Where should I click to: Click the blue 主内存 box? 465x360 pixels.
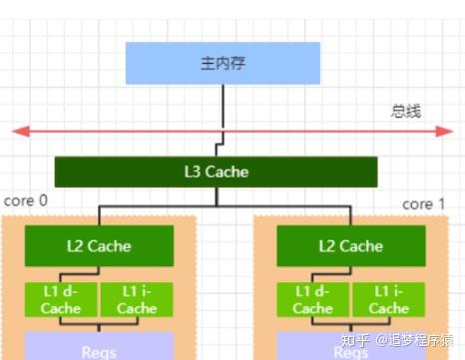(222, 63)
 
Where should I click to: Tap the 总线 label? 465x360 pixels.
(406, 111)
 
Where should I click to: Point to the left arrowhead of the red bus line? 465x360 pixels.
(17, 130)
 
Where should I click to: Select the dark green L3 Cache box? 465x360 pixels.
(217, 172)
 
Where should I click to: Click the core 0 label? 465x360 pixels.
(26, 200)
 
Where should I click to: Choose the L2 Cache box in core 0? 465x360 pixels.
(100, 245)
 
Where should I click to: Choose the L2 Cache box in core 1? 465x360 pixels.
(351, 245)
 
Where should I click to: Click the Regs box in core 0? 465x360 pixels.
(100, 348)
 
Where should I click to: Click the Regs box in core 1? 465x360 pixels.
(351, 348)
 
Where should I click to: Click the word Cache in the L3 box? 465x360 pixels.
(230, 172)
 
